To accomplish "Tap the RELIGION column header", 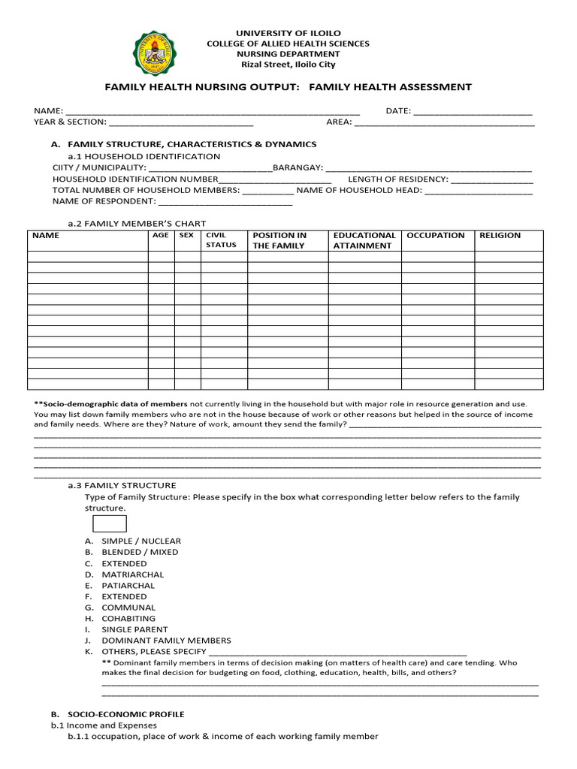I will [x=500, y=236].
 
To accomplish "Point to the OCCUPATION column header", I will [x=436, y=236].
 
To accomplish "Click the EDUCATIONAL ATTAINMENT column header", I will [x=364, y=240].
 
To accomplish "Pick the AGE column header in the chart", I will [x=161, y=236].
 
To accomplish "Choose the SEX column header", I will [x=186, y=236].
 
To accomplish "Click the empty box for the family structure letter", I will [x=109, y=523].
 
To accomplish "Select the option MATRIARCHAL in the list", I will [x=132, y=574].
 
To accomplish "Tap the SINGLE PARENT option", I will [x=134, y=630].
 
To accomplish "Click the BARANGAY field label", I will [x=298, y=167].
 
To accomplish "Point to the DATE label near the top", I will [x=398, y=111].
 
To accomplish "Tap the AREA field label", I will [x=339, y=122].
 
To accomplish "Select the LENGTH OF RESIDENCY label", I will [x=397, y=179].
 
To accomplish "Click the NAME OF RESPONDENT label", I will [x=104, y=201].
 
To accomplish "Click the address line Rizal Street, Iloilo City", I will [x=288, y=65].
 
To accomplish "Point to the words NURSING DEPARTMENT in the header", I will [x=288, y=54].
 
